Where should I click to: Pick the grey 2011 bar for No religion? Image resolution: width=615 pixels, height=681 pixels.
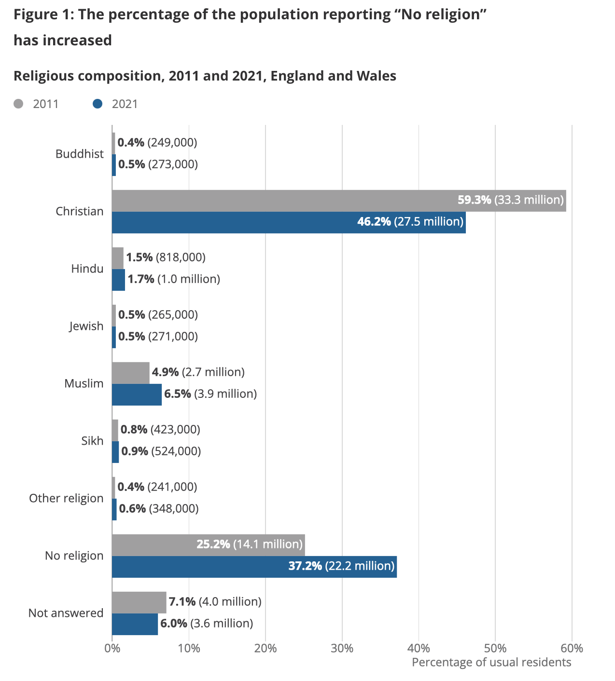pyautogui.click(x=154, y=545)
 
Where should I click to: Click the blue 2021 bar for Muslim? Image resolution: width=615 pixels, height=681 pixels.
pyautogui.click(x=137, y=395)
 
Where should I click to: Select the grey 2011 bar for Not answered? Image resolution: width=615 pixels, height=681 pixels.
pyautogui.click(x=139, y=602)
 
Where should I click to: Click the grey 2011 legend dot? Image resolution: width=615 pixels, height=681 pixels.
pyautogui.click(x=18, y=104)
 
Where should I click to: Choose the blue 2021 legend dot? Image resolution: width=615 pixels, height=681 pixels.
pyautogui.click(x=98, y=104)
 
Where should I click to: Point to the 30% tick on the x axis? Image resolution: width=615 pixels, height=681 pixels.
pyautogui.click(x=342, y=648)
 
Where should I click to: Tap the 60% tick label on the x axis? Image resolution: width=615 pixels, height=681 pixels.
pyautogui.click(x=572, y=648)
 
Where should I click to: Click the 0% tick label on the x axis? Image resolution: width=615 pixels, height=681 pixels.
pyautogui.click(x=112, y=648)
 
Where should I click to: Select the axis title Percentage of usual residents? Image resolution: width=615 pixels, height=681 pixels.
pyautogui.click(x=491, y=662)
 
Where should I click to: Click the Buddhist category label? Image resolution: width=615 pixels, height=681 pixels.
pyautogui.click(x=80, y=154)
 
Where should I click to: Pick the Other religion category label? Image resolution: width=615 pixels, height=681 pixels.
pyautogui.click(x=66, y=498)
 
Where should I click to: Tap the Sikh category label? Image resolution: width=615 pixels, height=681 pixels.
pyautogui.click(x=92, y=441)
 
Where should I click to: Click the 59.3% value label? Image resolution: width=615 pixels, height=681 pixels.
pyautogui.click(x=474, y=200)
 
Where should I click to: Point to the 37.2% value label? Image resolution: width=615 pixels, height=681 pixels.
pyautogui.click(x=305, y=566)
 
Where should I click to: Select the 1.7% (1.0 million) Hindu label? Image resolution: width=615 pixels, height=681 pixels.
pyautogui.click(x=174, y=279)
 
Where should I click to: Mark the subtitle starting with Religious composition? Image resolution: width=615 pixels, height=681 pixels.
pyautogui.click(x=205, y=76)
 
